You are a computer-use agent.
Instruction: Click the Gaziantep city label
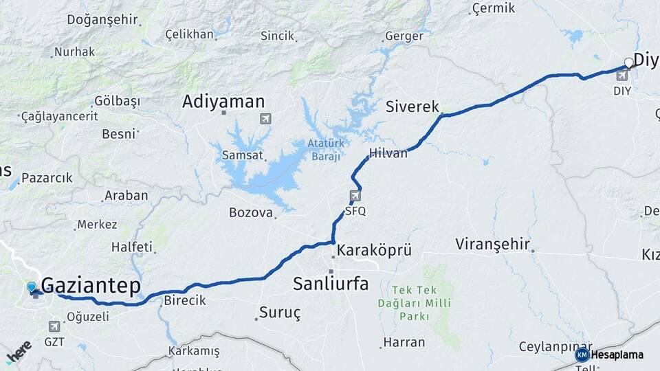click(91, 286)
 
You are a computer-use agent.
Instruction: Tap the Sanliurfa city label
click(331, 284)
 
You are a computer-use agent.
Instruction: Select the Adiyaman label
click(223, 102)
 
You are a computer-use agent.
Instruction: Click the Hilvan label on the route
click(388, 153)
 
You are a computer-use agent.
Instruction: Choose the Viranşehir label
click(492, 244)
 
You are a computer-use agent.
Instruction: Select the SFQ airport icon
click(355, 196)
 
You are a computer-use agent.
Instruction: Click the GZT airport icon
click(54, 326)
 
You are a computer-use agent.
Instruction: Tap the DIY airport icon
click(621, 75)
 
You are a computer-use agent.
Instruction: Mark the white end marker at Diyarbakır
click(628, 63)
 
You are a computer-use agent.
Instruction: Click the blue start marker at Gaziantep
click(32, 287)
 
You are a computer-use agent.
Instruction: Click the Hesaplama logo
click(610, 355)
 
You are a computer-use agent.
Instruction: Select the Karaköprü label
click(374, 250)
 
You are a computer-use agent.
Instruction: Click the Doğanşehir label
click(102, 19)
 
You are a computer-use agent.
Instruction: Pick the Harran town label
click(404, 342)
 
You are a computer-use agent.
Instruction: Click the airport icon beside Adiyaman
click(266, 119)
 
